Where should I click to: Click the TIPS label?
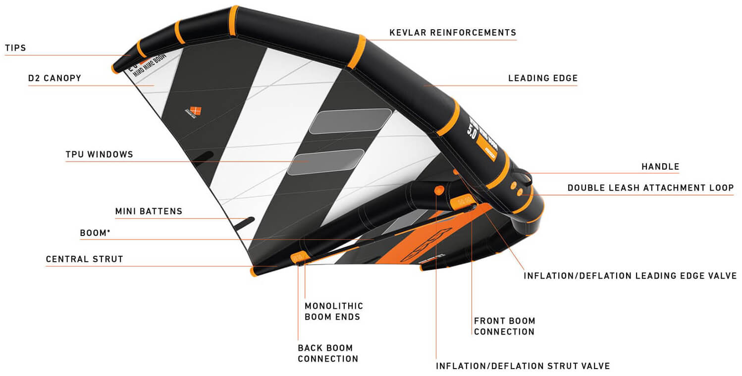(15, 48)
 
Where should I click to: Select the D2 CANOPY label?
(54, 78)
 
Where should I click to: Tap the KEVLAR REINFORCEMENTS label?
(453, 33)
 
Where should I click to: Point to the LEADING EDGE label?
(543, 78)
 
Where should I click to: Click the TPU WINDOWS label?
(100, 154)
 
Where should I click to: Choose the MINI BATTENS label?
(149, 211)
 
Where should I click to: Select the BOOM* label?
(95, 233)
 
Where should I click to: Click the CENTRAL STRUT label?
(85, 259)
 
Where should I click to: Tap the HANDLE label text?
(660, 167)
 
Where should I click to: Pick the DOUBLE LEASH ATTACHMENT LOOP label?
(650, 188)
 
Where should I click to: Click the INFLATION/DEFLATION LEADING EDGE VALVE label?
(630, 276)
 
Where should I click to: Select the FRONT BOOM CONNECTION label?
(504, 326)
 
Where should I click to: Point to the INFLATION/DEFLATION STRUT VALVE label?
(523, 366)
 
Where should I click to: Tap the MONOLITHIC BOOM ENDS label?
(333, 311)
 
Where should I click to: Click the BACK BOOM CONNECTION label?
(328, 353)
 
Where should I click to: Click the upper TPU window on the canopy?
(350, 121)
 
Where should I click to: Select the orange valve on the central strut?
(438, 190)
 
